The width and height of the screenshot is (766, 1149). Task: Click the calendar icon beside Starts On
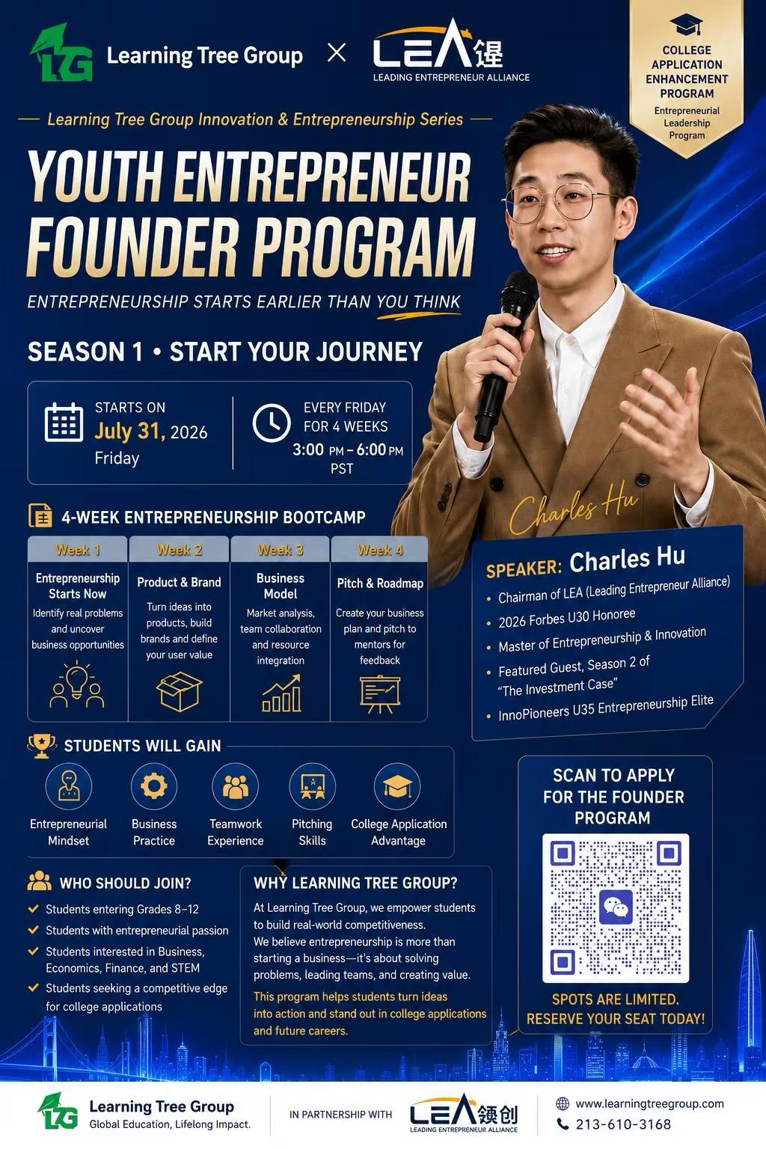[64, 422]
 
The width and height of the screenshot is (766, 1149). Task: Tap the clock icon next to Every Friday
[272, 423]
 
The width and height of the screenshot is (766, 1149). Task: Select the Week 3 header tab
[280, 549]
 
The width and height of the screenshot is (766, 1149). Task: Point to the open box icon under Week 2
[179, 691]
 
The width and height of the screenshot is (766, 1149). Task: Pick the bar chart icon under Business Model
[281, 693]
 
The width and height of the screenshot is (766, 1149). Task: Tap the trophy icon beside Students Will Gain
[42, 746]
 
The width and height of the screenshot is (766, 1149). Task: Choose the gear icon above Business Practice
[154, 786]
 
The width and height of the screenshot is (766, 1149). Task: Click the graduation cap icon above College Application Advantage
[397, 786]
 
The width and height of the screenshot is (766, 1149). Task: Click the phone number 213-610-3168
[623, 1124]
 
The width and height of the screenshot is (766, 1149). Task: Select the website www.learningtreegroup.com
[649, 1103]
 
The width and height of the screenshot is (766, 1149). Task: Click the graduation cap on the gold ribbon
[686, 25]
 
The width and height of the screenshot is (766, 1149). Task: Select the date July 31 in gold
[129, 431]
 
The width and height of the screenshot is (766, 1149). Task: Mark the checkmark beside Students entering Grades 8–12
[34, 908]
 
